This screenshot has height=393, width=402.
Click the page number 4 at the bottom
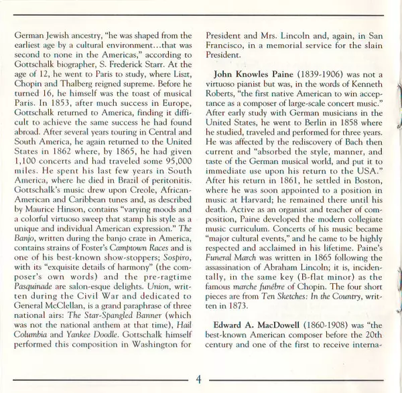(198, 380)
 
